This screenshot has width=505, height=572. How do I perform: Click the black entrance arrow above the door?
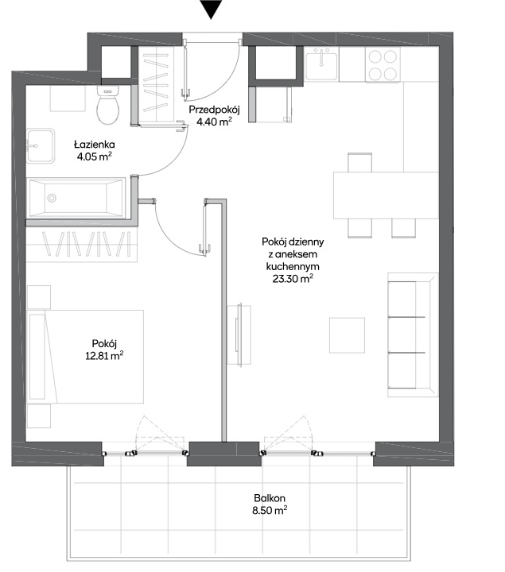click(211, 8)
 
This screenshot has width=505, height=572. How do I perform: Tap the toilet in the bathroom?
click(108, 105)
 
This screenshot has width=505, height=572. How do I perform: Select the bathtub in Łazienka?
click(77, 198)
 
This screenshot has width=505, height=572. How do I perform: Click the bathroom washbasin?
click(41, 146)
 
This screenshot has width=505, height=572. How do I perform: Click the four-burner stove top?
click(383, 65)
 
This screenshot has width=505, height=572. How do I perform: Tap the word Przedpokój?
click(214, 110)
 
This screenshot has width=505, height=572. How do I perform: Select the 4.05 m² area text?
click(94, 157)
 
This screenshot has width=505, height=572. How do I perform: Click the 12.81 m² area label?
click(104, 355)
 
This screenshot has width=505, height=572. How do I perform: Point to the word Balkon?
click(270, 498)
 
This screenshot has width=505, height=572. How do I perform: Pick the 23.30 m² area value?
click(293, 279)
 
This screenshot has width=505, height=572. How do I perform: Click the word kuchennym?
click(293, 266)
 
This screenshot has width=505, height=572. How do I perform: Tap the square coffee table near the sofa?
click(347, 335)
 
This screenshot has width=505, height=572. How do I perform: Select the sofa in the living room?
click(413, 334)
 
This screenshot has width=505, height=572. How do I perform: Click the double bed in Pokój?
click(85, 357)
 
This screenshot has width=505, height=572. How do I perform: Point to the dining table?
click(386, 195)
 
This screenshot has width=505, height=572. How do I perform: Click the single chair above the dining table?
click(359, 162)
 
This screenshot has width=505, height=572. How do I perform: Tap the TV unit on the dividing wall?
click(239, 334)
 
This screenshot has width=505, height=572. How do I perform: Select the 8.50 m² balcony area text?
click(270, 510)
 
